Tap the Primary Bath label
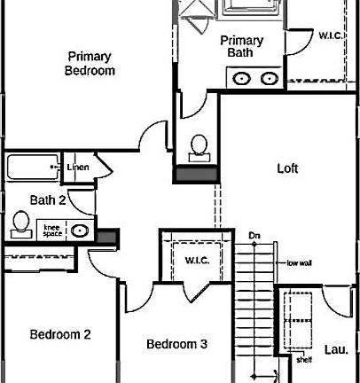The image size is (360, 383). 241,46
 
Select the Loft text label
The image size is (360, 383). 287,168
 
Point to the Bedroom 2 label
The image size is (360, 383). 60,334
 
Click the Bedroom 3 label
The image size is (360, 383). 176,344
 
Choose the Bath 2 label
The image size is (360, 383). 48,199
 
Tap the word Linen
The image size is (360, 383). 78,167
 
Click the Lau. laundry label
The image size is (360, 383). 334,348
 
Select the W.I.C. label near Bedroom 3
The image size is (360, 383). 197,260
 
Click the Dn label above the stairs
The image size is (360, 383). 254,235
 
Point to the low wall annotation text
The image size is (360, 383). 299,263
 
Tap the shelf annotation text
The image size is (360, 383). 305,360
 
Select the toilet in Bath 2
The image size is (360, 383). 20,225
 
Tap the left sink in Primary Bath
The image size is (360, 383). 241,78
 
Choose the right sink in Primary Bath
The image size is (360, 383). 269,78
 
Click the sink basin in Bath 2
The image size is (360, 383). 80,231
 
